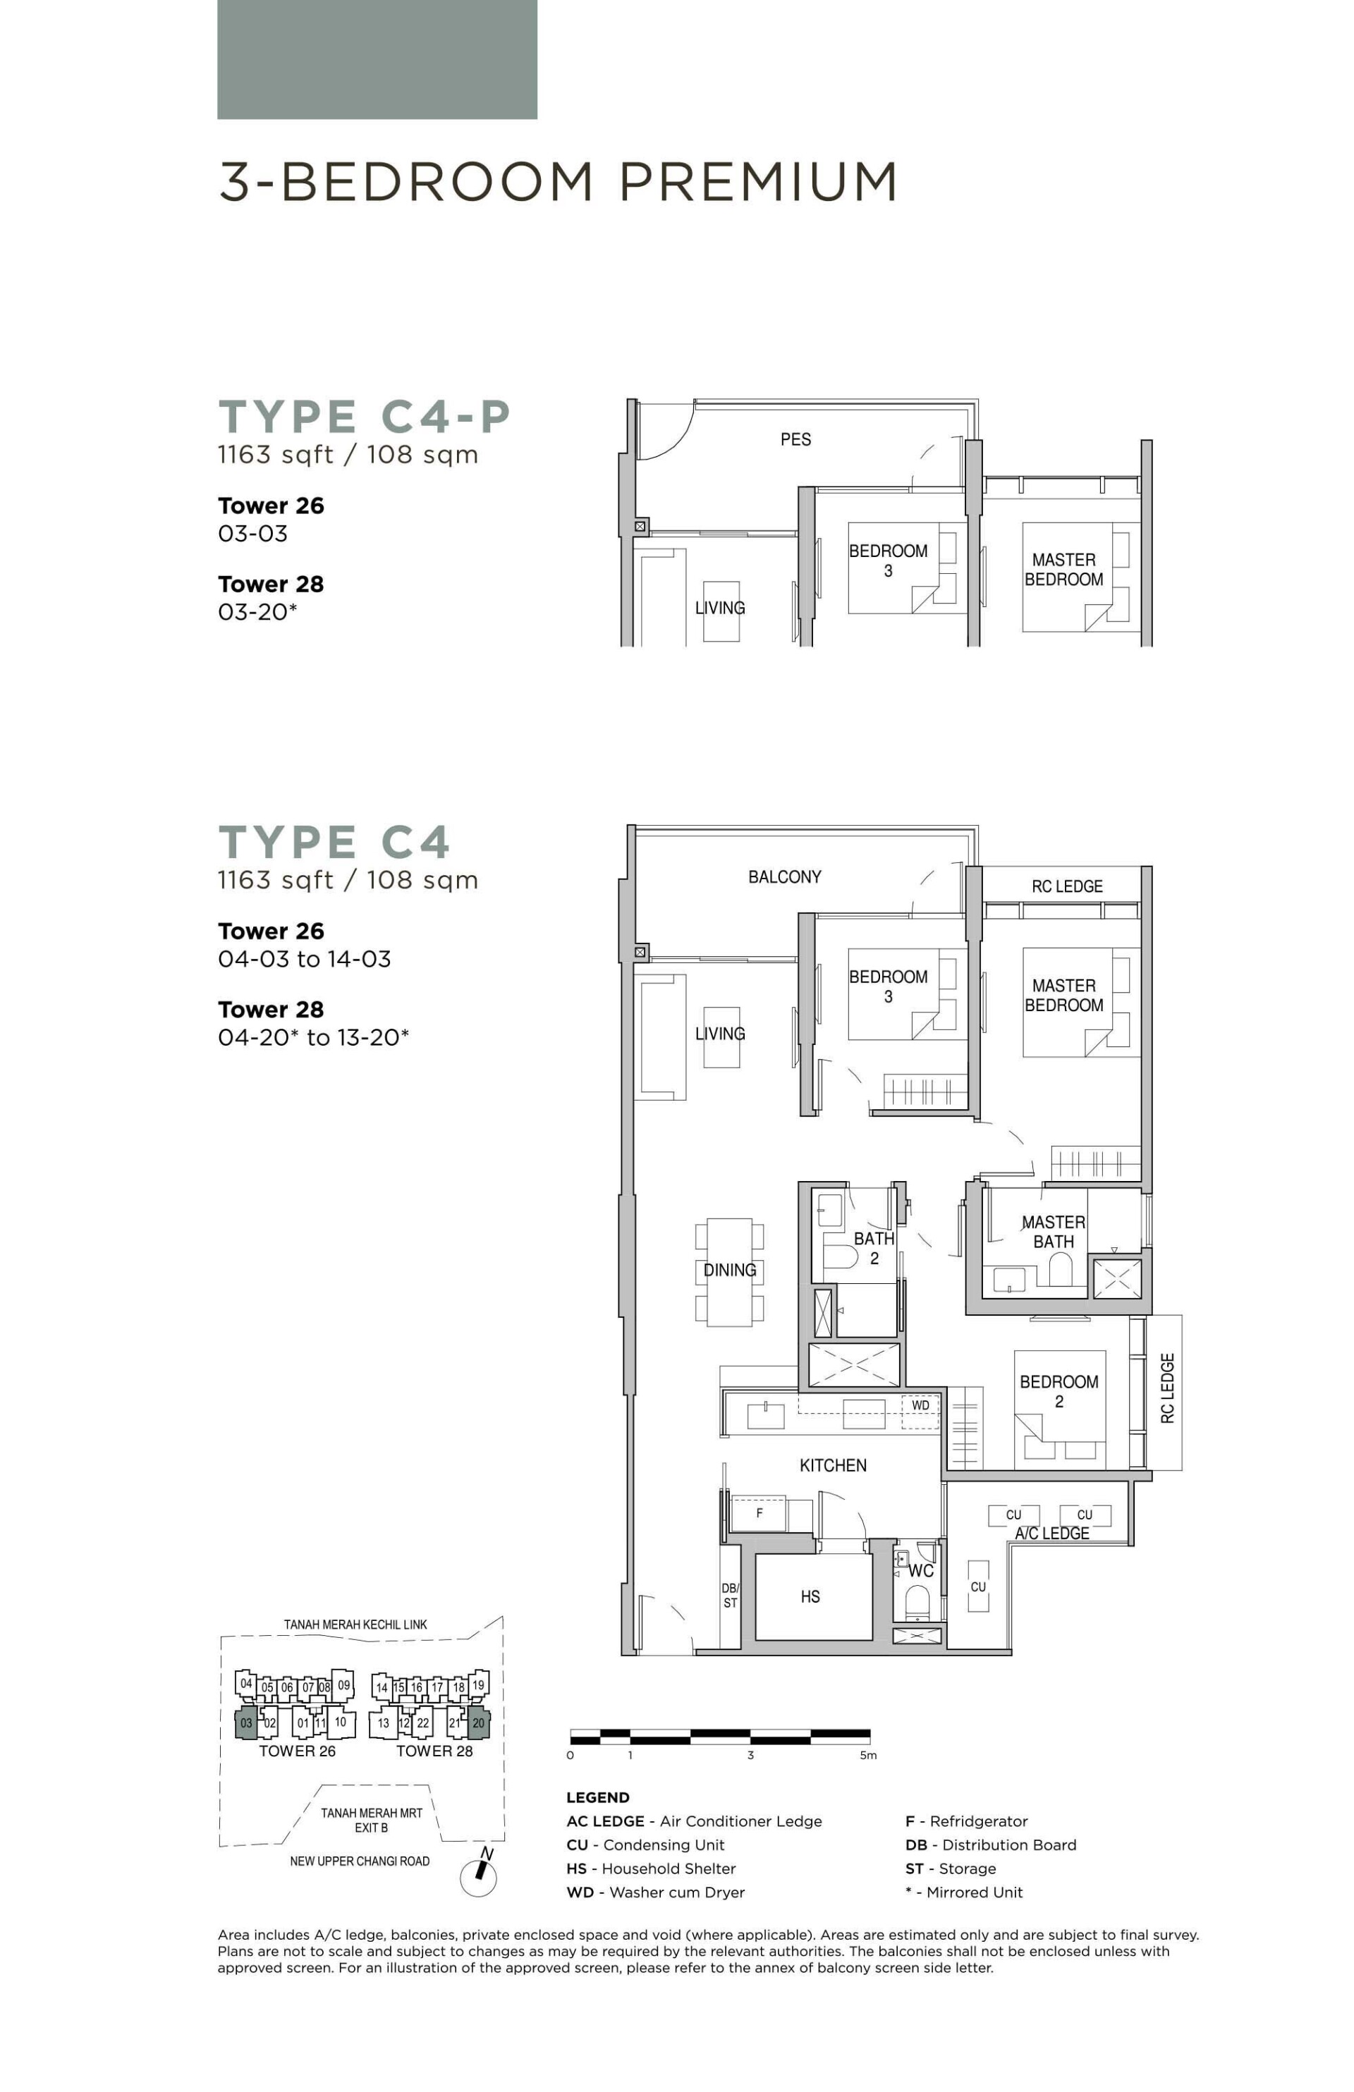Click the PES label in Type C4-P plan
click(795, 439)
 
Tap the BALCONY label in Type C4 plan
click(784, 877)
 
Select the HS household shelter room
click(810, 1597)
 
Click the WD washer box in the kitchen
click(920, 1405)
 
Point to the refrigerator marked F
click(759, 1514)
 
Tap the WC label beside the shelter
click(920, 1571)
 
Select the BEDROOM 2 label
click(1059, 1391)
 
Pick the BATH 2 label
click(873, 1248)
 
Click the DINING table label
click(729, 1270)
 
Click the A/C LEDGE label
click(1051, 1534)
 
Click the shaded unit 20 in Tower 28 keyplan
click(478, 1723)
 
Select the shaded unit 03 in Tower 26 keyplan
click(246, 1723)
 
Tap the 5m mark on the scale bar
click(868, 1756)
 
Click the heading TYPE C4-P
click(364, 417)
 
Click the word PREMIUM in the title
click(758, 182)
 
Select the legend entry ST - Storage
click(951, 1868)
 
